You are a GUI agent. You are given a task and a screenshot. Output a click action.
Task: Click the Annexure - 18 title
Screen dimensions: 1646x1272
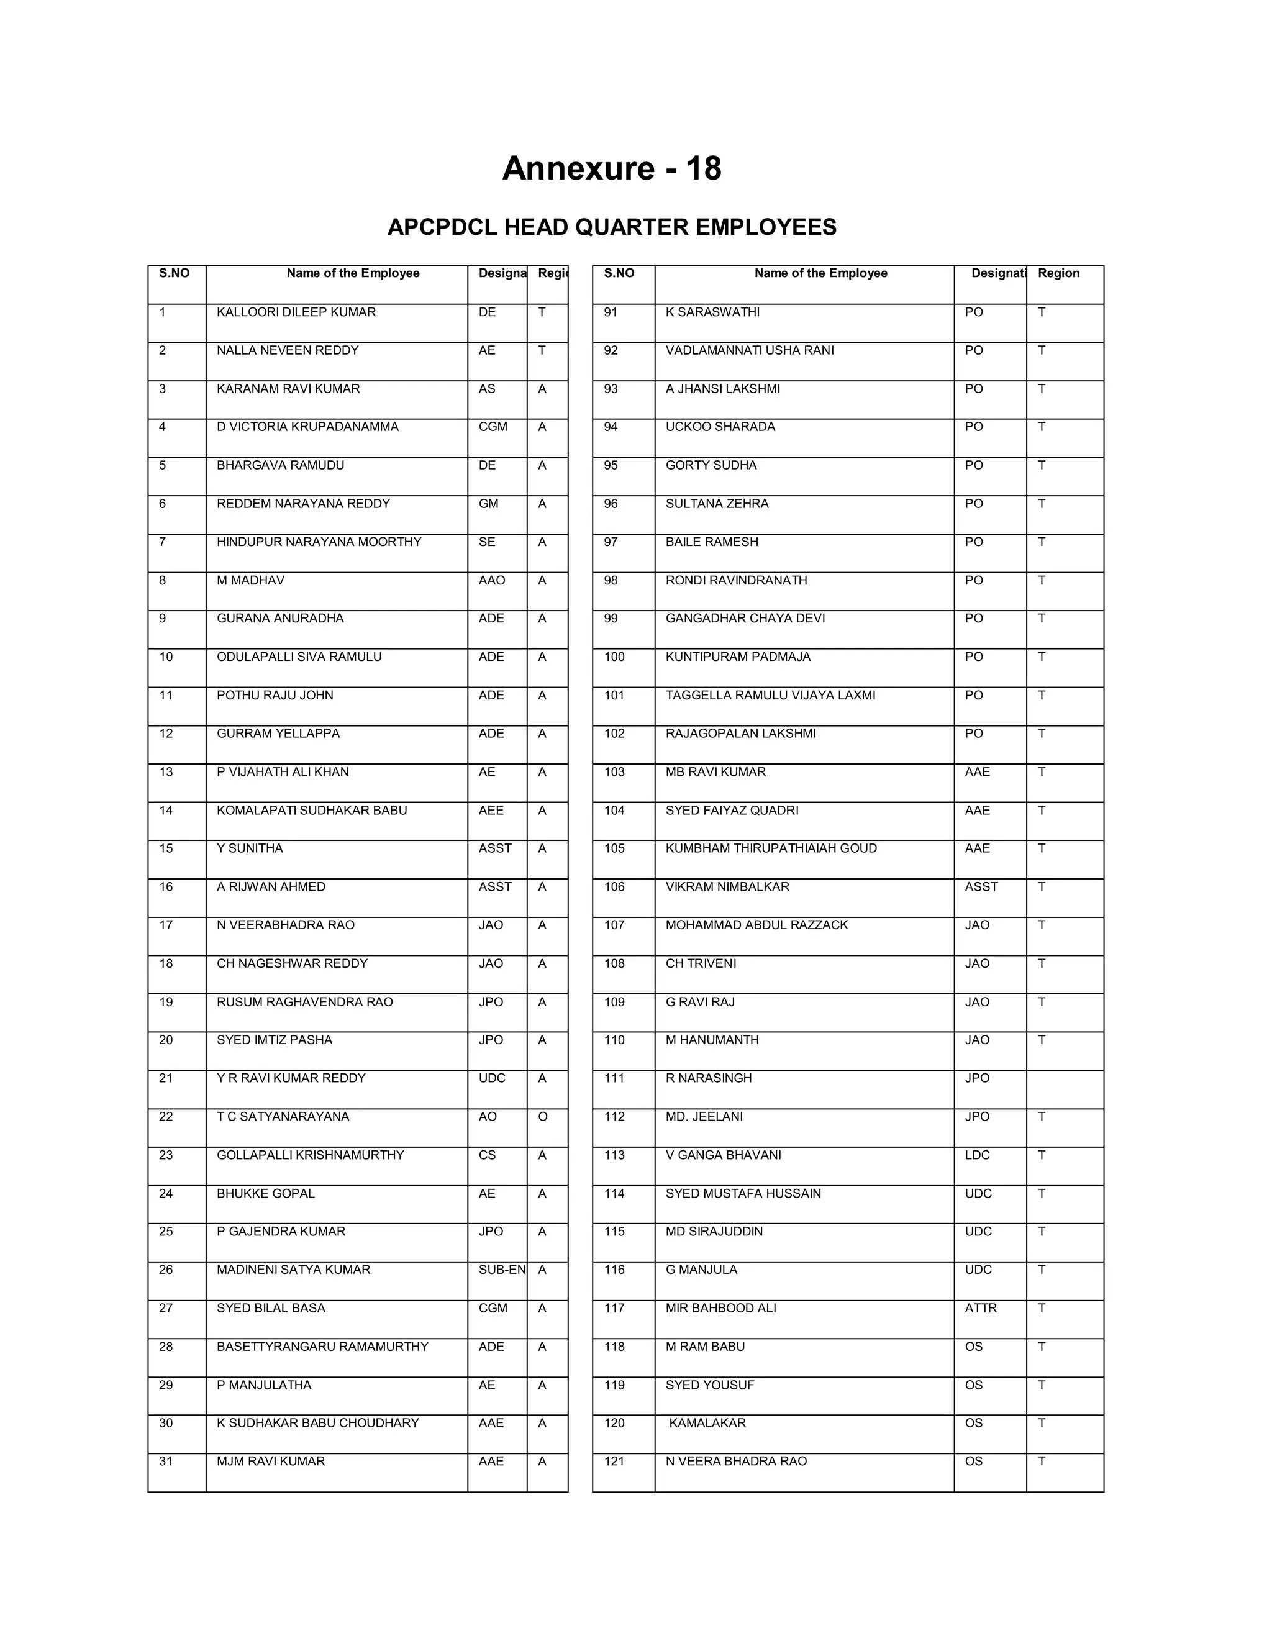pos(611,168)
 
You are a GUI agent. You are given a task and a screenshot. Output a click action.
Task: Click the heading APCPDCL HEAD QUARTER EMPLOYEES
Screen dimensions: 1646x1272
pos(611,227)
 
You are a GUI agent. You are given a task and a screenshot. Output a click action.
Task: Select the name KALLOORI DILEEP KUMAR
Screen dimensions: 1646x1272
pos(296,312)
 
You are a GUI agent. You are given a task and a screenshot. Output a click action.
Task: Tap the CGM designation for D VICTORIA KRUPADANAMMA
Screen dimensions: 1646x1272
pos(493,427)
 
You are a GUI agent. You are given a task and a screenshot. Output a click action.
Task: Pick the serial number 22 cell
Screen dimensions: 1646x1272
pos(166,1116)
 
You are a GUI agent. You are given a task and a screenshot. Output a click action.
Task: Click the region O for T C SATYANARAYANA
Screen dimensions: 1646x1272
pos(543,1116)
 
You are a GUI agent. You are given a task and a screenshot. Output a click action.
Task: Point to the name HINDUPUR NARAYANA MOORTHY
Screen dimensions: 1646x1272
pos(319,542)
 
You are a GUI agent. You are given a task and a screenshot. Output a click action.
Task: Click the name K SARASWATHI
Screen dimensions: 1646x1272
pos(712,312)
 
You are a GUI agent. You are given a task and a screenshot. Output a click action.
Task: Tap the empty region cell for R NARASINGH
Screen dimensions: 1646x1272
pos(1063,1088)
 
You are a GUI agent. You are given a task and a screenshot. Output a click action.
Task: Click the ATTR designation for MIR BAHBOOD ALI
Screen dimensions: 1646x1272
pos(980,1307)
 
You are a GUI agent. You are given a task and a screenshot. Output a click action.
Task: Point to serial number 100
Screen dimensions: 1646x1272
pos(614,657)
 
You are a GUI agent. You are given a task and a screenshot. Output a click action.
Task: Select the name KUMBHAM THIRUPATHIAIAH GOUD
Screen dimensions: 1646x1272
pos(771,848)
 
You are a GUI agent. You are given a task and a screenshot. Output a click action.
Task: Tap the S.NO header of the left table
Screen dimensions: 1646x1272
pos(174,273)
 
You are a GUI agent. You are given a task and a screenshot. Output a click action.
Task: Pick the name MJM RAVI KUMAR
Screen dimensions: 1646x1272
pos(271,1461)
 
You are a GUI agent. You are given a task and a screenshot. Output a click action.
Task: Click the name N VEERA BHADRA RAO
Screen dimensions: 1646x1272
pos(735,1461)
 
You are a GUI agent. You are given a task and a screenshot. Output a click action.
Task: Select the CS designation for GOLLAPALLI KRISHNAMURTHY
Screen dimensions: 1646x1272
pos(487,1155)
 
